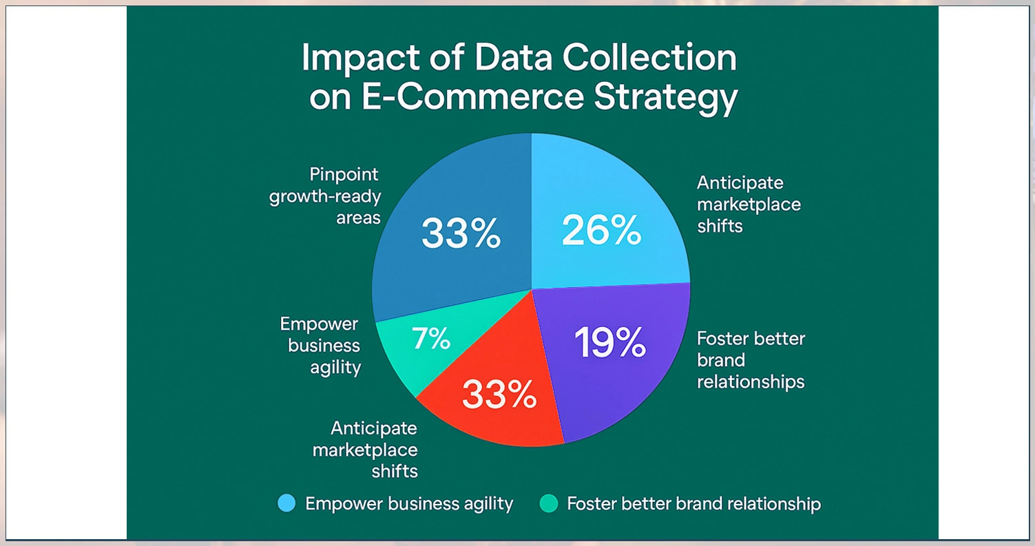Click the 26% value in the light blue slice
click(x=601, y=231)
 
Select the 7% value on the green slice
click(x=430, y=338)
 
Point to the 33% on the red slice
click(x=499, y=394)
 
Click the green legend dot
click(x=549, y=503)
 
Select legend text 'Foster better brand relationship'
click(x=693, y=503)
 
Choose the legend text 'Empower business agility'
click(x=409, y=503)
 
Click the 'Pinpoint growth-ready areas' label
click(x=325, y=196)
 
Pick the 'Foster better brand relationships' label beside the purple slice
click(x=751, y=359)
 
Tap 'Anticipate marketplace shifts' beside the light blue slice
click(x=749, y=204)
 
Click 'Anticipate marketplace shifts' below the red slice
click(x=365, y=450)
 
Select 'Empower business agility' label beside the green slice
click(x=320, y=346)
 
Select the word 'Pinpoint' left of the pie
click(x=344, y=174)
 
